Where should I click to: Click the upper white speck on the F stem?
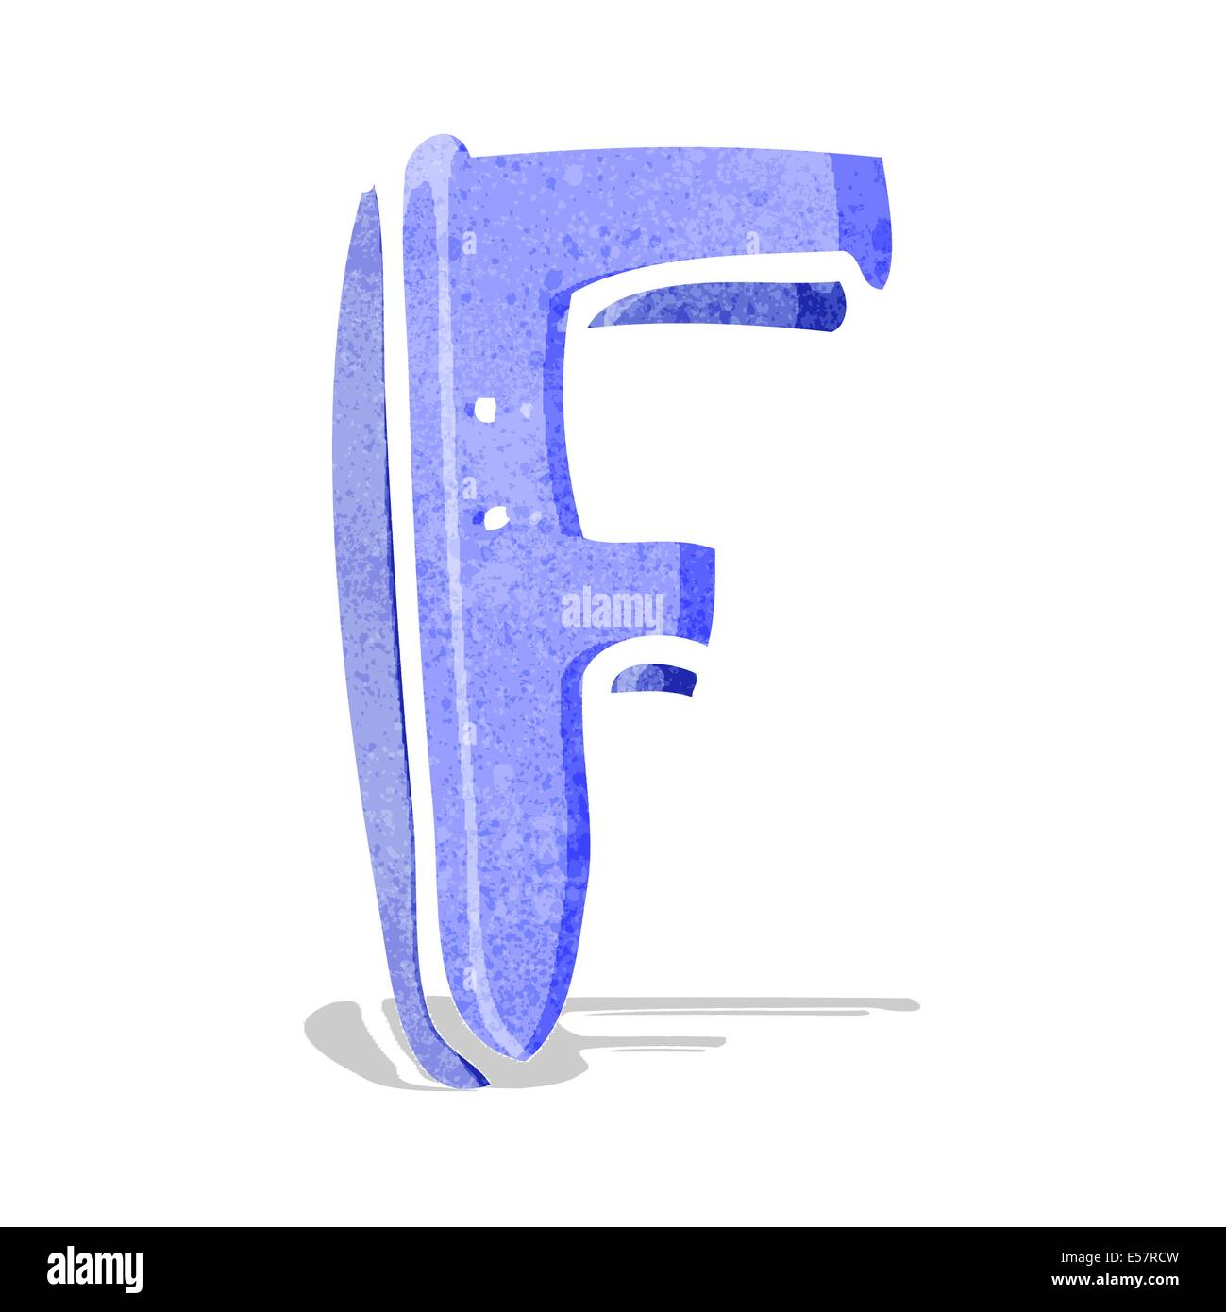(x=486, y=410)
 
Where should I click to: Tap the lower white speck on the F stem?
(x=492, y=515)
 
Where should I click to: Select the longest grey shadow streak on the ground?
(x=746, y=1004)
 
